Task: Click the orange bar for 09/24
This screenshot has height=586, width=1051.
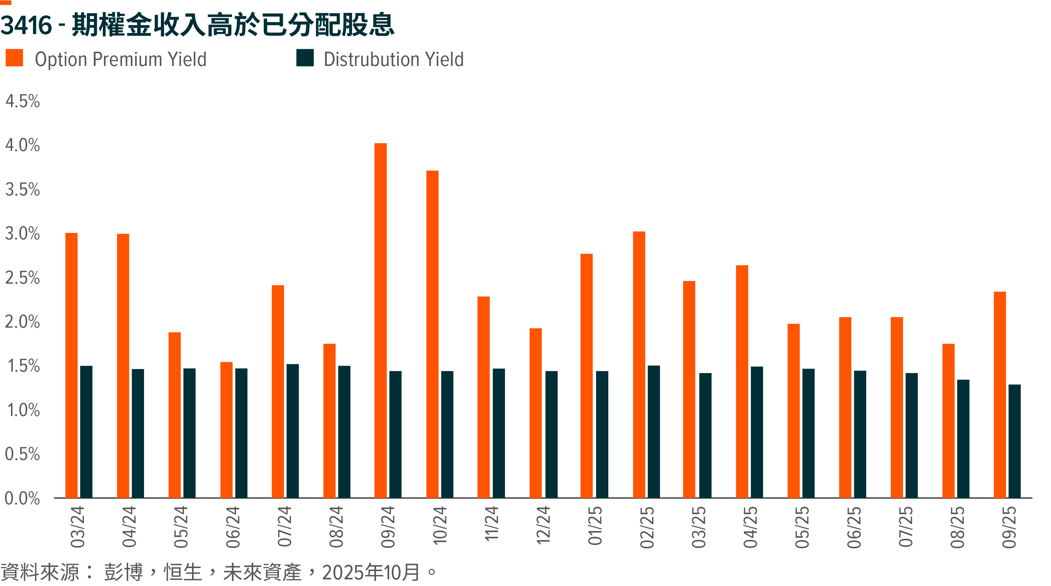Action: coord(380,320)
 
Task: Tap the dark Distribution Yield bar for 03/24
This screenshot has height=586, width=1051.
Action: coord(86,432)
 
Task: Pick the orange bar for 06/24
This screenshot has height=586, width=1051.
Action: coord(226,430)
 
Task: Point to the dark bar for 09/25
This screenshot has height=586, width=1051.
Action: coord(1014,441)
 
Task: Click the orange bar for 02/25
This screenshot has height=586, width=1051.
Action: coord(639,364)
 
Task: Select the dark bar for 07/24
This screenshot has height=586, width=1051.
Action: coord(292,431)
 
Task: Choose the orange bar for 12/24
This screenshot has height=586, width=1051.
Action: coord(535,413)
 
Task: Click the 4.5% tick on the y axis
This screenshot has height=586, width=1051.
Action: coord(22,101)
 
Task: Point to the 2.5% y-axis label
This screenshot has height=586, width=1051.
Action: coord(22,278)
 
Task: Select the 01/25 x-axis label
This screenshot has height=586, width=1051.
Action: coord(595,526)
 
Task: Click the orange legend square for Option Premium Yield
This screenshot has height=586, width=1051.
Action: coord(14,58)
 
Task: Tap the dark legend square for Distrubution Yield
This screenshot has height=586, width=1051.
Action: coord(305,58)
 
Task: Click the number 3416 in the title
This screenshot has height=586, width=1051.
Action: coord(26,25)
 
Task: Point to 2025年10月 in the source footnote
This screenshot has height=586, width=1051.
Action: coord(371,572)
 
